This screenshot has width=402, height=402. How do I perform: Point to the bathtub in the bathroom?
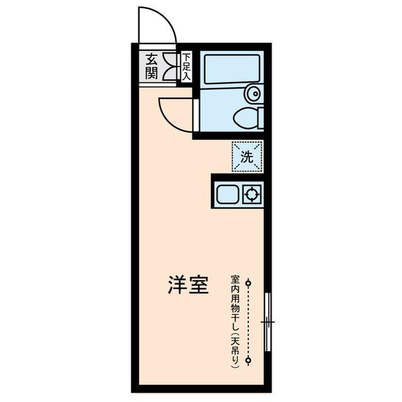click(x=229, y=70)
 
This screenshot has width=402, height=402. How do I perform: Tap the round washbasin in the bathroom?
click(x=254, y=94)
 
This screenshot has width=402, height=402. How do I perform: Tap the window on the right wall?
click(x=268, y=322)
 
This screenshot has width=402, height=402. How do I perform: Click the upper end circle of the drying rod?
click(x=249, y=283)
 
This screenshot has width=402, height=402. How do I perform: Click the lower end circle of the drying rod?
click(x=249, y=360)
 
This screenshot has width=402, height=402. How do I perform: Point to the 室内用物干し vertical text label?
click(x=235, y=320)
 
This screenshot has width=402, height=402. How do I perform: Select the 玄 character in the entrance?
click(x=151, y=60)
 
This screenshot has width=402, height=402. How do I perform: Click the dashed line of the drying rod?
click(x=249, y=322)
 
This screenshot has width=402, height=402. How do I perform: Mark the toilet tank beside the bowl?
click(x=260, y=117)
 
